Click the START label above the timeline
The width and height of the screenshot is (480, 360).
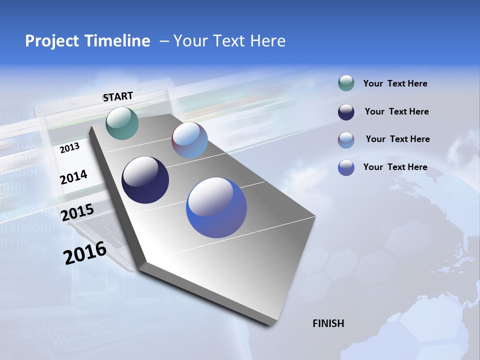coord(118,96)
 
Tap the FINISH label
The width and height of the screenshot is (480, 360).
coord(328,323)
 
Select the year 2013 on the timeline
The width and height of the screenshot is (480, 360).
coord(69,148)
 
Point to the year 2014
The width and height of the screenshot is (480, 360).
coord(73,177)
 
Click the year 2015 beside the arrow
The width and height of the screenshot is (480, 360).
coord(77,212)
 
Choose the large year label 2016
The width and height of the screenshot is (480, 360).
coord(85,253)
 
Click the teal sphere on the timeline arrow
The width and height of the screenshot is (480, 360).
coord(122,123)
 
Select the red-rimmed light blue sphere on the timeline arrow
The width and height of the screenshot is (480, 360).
coord(189,140)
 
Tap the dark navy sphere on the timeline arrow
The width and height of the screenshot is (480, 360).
coord(145,180)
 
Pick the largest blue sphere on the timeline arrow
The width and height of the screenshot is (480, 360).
coord(216,207)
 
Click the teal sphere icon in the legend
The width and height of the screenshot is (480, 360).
coord(346,83)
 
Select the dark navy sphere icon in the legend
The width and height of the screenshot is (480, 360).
coord(346,112)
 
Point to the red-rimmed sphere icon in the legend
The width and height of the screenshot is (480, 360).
coord(346,140)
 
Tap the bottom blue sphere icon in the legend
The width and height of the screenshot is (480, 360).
coord(346,167)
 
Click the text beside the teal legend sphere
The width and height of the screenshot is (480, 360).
coord(395,84)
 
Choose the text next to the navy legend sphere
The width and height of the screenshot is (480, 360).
coord(396,111)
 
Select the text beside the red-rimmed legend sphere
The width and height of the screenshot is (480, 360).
coord(397,139)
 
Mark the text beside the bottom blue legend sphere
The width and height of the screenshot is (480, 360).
coord(395,167)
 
